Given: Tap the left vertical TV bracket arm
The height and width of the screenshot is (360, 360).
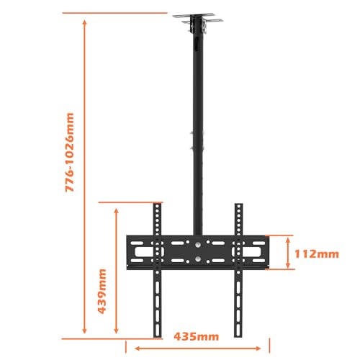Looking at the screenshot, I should [158, 274].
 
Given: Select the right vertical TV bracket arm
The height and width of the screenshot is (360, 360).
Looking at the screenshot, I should [238, 274].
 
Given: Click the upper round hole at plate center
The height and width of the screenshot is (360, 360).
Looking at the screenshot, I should [198, 244].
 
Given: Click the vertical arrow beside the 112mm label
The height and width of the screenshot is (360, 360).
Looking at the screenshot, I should [288, 253].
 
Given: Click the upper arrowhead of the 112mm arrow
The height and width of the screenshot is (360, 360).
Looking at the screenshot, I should [288, 238].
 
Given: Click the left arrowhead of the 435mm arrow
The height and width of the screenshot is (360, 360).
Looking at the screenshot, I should [132, 344].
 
